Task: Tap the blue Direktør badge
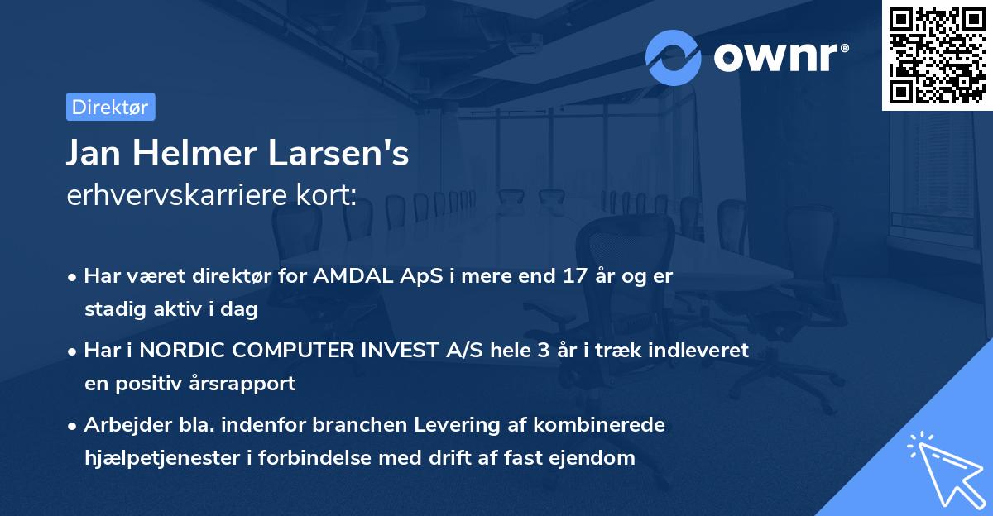pyautogui.click(x=110, y=107)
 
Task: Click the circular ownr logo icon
pyautogui.click(x=674, y=57)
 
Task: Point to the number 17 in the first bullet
pyautogui.click(x=530, y=276)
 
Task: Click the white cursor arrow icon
pyautogui.click(x=945, y=468)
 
